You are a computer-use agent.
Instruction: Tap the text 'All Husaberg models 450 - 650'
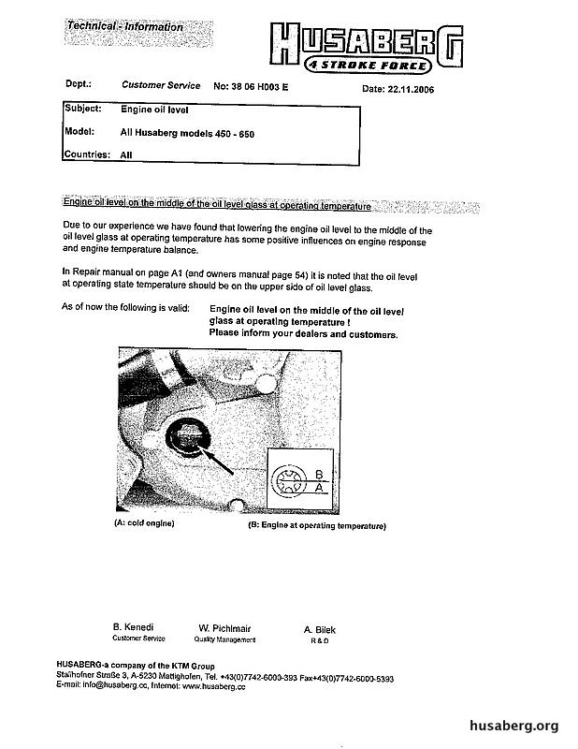pos(187,134)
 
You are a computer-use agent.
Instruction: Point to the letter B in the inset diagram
pos(320,473)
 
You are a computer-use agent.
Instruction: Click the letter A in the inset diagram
pos(320,488)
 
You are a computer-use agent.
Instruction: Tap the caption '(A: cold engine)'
pos(145,522)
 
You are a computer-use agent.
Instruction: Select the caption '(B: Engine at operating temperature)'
pos(317,526)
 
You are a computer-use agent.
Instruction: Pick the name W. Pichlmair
pos(224,627)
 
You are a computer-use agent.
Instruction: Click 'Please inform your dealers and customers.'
pos(304,334)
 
